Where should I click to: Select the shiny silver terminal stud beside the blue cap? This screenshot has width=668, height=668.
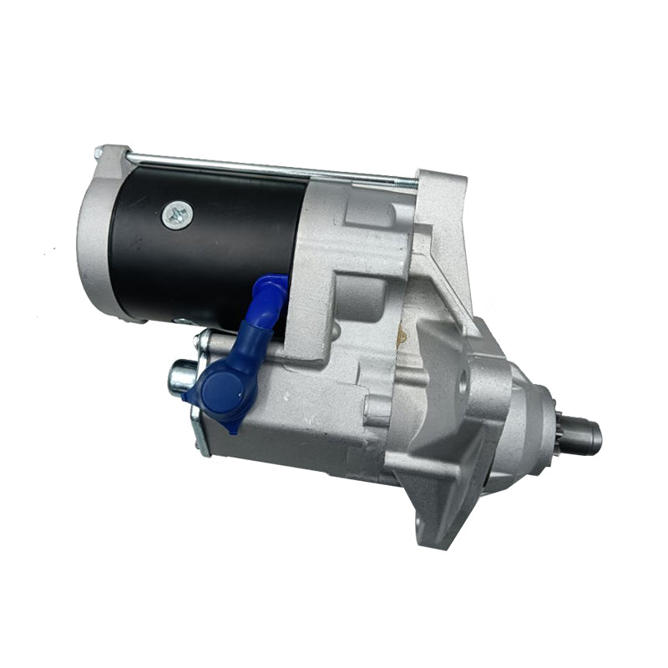coord(180,377)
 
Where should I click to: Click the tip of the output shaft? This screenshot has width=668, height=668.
coord(591,436)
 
